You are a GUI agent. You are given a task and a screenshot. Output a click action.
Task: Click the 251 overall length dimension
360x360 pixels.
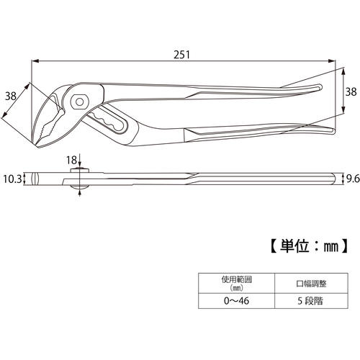click(x=181, y=55)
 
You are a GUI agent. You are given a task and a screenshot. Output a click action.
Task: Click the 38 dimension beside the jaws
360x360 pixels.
click(x=11, y=96)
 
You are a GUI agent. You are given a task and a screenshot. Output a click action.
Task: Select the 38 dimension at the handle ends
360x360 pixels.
click(x=351, y=91)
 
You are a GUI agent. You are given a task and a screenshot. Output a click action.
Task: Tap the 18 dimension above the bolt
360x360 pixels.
click(x=71, y=161)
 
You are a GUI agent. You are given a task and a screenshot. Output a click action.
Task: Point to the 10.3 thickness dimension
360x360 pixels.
click(x=12, y=179)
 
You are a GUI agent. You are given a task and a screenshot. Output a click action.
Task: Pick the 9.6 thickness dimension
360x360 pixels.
click(x=353, y=179)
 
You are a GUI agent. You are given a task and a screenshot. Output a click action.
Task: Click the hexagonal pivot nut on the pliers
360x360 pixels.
click(x=80, y=102)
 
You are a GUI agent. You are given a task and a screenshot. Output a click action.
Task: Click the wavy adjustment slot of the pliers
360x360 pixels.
click(x=107, y=122)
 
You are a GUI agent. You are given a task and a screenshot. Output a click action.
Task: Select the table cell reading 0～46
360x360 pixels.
click(x=236, y=301)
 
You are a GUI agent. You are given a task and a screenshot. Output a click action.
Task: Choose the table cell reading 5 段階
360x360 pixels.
click(x=311, y=301)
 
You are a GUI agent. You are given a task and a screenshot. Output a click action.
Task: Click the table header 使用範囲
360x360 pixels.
click(x=236, y=279)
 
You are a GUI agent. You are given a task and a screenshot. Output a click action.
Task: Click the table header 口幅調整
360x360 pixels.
click(x=311, y=284)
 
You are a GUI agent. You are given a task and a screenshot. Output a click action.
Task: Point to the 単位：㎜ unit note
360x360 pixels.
click(x=309, y=246)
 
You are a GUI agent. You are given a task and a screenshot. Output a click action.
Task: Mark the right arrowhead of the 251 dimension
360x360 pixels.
click(x=332, y=61)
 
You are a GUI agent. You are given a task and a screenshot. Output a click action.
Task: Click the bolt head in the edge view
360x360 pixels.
click(x=79, y=170)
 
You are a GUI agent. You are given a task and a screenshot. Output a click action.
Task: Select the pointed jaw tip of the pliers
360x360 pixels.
click(x=38, y=145)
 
